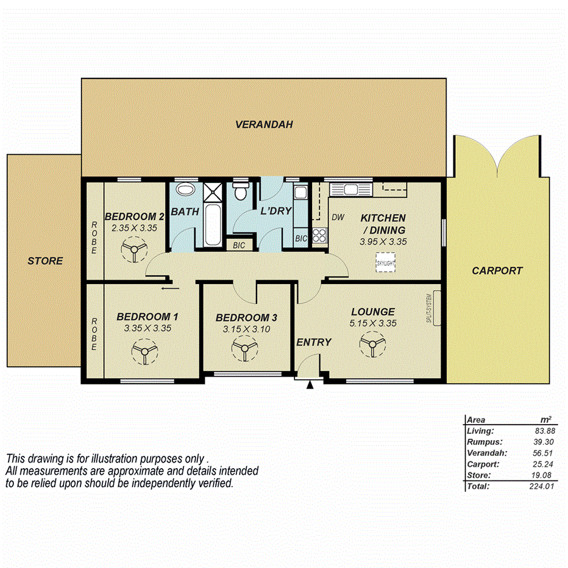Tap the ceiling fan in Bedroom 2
click(x=133, y=250)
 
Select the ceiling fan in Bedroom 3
click(x=243, y=351)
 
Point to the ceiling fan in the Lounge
click(x=371, y=347)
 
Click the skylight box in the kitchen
click(x=385, y=264)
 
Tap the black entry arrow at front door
click(x=311, y=385)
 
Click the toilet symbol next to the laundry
click(x=241, y=191)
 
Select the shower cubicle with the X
click(x=213, y=192)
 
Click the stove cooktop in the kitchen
click(x=319, y=235)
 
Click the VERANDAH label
click(x=264, y=124)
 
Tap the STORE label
click(x=45, y=261)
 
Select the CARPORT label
click(x=497, y=271)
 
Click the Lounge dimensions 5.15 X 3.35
click(x=373, y=323)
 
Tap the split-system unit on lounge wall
click(x=435, y=309)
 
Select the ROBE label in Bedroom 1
click(x=94, y=334)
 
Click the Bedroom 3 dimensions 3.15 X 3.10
click(x=246, y=329)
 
